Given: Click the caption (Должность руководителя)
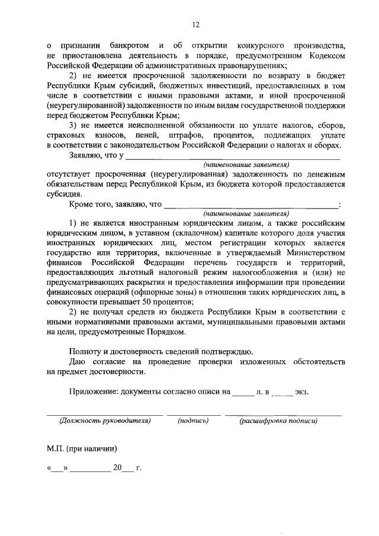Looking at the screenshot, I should (x=105, y=421).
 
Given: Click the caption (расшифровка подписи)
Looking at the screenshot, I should (x=278, y=421).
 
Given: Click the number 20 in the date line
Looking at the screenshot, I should (x=117, y=468).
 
